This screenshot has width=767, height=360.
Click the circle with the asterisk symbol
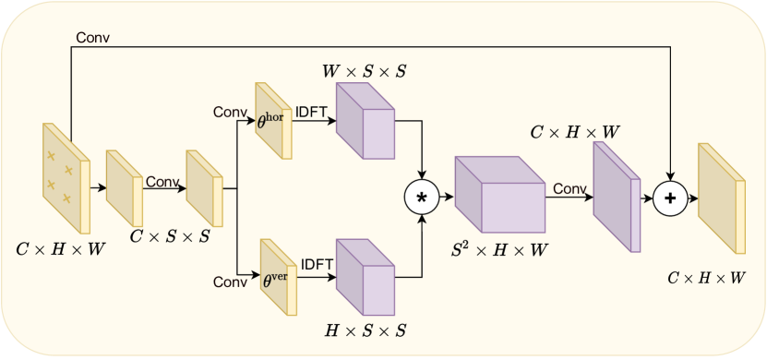tap(423, 197)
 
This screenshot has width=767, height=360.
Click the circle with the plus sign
tap(671, 197)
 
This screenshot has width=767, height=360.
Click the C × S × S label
tap(170, 237)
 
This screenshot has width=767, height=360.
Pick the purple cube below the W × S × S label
tap(366, 122)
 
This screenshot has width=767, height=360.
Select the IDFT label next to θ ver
tap(316, 264)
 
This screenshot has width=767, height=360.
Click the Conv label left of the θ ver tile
tap(231, 281)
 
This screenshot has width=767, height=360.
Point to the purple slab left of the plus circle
tap(615, 196)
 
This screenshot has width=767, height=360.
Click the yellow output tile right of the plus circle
tap(721, 198)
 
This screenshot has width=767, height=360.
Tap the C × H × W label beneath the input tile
tap(61, 247)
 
